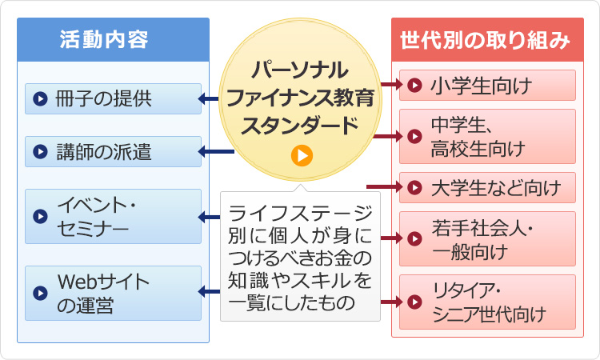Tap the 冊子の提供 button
(113, 99)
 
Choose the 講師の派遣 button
(113, 151)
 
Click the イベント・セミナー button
(113, 216)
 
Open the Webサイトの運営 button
(113, 293)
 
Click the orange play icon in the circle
(302, 155)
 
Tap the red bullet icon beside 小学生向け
(414, 85)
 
